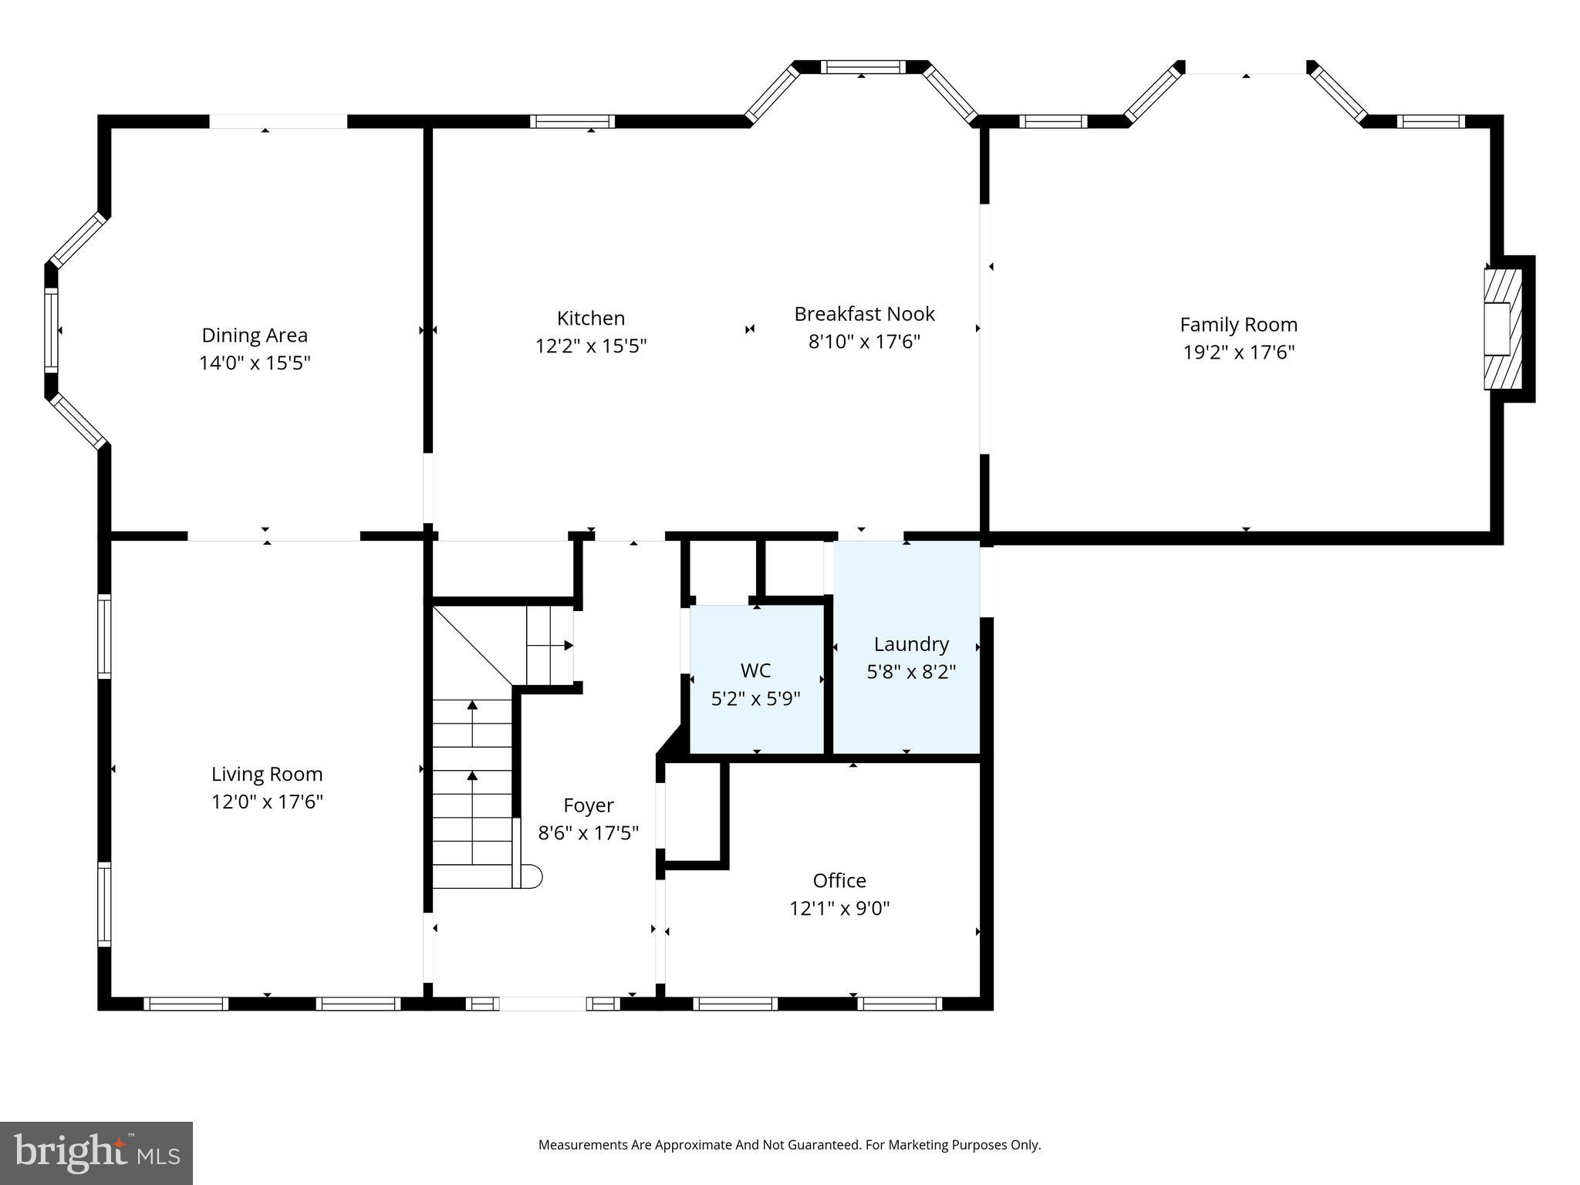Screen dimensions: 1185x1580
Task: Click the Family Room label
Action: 1238,325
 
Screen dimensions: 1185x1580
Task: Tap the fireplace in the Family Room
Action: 1501,329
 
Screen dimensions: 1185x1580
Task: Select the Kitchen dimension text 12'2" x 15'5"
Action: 591,346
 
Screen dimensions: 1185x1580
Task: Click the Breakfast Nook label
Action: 864,314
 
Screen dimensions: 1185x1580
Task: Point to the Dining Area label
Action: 255,336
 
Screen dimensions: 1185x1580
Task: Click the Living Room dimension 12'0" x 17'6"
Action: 267,802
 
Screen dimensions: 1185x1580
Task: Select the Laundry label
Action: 911,644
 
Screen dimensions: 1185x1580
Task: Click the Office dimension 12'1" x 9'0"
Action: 839,909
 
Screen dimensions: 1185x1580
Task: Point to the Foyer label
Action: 589,805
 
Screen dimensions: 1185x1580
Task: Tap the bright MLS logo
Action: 96,1153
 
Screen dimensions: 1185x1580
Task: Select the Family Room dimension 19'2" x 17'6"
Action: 1238,353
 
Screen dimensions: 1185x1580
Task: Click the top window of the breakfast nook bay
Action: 862,67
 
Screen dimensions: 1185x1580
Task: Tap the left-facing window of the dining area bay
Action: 51,329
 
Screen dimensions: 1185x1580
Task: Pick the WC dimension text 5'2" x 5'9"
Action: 755,699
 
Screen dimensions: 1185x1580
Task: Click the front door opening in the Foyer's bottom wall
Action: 542,1004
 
